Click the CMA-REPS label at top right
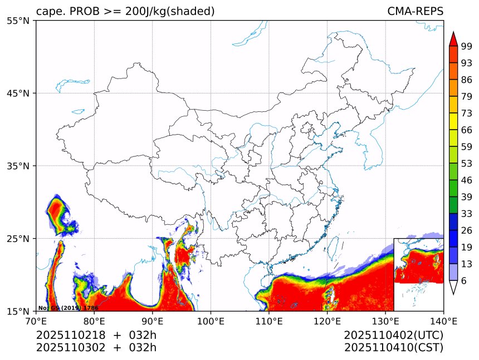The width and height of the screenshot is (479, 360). (415, 12)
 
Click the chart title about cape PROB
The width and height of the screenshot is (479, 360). (125, 12)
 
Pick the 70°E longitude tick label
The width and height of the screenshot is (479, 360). (36, 321)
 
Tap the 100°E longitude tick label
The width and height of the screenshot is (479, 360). (211, 321)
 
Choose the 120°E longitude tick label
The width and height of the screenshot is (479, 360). (327, 321)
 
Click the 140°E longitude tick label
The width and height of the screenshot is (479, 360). (443, 321)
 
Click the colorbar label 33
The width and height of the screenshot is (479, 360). (467, 214)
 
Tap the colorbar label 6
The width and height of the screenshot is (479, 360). (464, 281)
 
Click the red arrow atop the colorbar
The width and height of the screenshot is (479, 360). (453, 38)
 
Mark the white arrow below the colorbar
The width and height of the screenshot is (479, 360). (453, 287)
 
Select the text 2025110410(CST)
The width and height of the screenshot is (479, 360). (393, 348)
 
